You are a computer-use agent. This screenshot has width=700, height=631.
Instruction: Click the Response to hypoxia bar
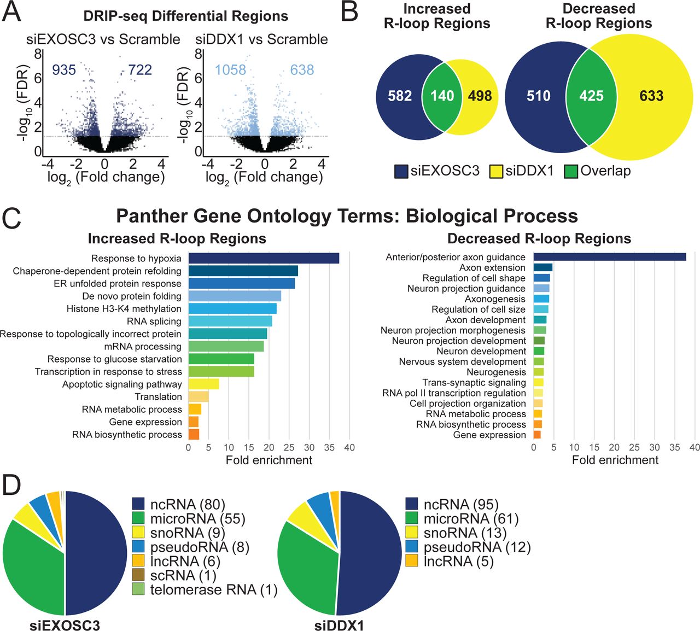[264, 259]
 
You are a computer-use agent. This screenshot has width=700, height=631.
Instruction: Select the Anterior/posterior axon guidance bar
[609, 257]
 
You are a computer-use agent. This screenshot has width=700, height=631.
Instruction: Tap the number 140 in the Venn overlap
[442, 96]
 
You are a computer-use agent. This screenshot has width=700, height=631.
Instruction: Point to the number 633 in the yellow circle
[651, 96]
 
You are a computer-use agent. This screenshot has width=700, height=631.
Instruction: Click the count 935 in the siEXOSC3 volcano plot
[64, 70]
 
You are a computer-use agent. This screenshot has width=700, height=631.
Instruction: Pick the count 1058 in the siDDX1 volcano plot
[230, 70]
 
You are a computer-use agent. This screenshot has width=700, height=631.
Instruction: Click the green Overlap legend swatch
[571, 171]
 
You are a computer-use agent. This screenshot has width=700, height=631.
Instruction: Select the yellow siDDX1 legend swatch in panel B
[495, 171]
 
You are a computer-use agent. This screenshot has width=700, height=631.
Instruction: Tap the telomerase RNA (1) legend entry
[205, 590]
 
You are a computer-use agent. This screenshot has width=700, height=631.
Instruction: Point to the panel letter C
[12, 218]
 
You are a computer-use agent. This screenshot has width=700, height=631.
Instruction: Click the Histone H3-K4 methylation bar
[232, 309]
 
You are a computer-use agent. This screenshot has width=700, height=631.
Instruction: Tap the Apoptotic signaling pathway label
[121, 384]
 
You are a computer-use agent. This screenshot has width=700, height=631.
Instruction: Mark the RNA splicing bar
[230, 322]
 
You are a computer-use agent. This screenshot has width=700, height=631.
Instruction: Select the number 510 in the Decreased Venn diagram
[538, 96]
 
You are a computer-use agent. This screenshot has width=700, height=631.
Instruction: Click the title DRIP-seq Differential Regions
[185, 16]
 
